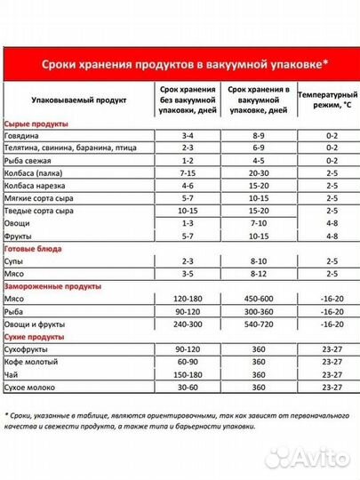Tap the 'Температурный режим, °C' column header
tap(327, 102)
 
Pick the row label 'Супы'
tap(17, 263)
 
